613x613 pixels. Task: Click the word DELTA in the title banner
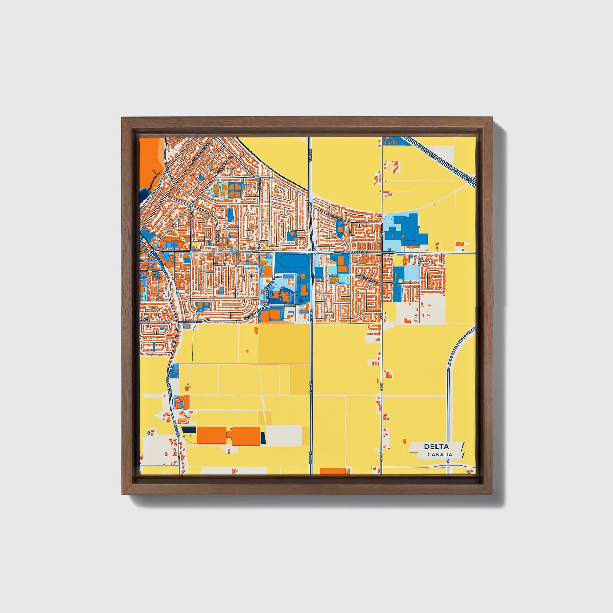(436, 447)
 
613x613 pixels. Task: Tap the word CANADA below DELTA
(439, 455)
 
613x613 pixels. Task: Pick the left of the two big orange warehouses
(211, 435)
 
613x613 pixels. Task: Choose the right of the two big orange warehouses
(246, 436)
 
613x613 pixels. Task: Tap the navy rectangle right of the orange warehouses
(263, 437)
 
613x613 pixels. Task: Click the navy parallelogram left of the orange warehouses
(189, 430)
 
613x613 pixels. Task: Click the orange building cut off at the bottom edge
(335, 471)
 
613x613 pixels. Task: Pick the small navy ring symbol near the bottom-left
(148, 433)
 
